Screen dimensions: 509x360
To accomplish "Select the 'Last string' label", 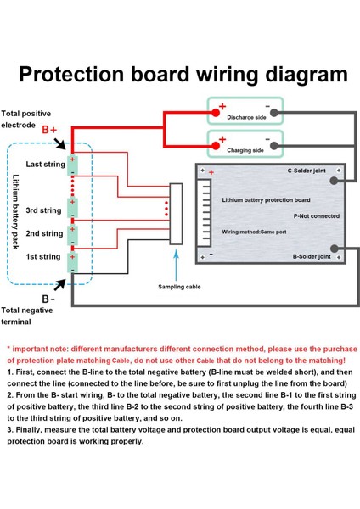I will (44, 164).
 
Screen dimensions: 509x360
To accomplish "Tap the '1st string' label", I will (43, 256).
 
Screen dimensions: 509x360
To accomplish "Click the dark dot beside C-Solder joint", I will (339, 176).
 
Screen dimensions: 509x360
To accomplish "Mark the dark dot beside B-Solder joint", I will (337, 250).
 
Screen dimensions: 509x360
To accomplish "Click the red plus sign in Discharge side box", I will (222, 108).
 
